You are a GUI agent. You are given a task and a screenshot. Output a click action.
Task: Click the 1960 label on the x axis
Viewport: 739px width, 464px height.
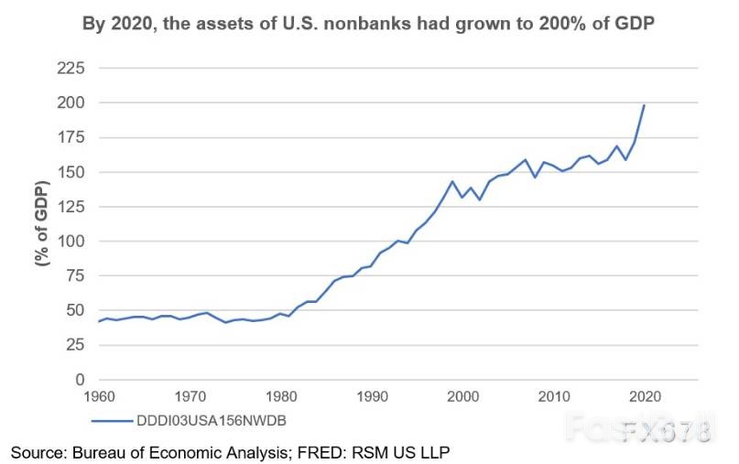coord(98,398)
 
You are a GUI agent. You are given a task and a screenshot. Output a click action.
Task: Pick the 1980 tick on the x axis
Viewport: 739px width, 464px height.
coord(280,398)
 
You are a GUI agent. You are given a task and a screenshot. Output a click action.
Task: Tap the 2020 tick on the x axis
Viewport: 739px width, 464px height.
coord(645,398)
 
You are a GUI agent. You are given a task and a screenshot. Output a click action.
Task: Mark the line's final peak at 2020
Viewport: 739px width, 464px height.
coord(645,105)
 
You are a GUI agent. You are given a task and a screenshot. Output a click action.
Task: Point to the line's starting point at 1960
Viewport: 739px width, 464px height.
coord(98,321)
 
